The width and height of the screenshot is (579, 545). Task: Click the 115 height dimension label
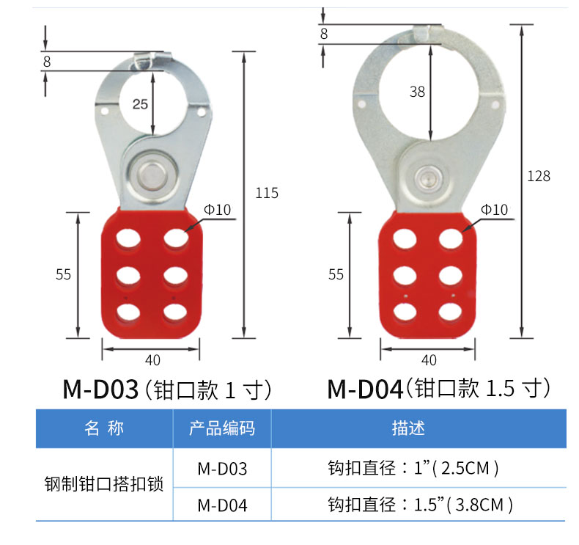click(267, 193)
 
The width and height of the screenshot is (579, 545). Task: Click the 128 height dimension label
click(539, 176)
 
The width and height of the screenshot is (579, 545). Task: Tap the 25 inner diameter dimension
click(140, 104)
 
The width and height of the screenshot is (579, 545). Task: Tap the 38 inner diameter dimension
click(417, 92)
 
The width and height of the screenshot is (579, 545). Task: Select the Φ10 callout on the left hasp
click(217, 210)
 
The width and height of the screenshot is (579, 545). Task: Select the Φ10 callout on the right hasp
click(494, 210)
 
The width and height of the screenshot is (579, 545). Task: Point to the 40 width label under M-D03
click(152, 360)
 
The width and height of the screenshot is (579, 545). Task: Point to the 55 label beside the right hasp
click(336, 274)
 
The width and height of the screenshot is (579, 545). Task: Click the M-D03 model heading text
click(100, 389)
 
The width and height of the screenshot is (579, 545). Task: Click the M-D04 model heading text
click(365, 389)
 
